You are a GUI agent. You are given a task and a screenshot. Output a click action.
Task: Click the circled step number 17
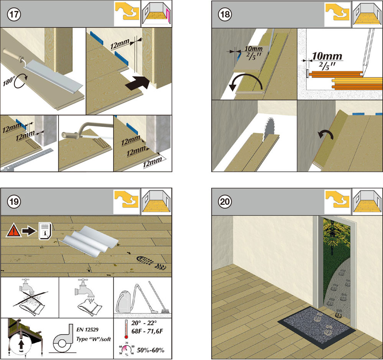click(14, 15)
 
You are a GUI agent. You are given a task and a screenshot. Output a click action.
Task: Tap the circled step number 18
click(225, 15)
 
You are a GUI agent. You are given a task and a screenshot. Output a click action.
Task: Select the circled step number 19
click(14, 202)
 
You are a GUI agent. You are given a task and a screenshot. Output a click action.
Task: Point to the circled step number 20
click(225, 202)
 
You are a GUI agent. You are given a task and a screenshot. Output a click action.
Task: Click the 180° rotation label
click(9, 81)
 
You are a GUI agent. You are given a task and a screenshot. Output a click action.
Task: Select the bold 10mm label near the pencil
click(327, 56)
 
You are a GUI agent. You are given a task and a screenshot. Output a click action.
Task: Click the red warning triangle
click(13, 231)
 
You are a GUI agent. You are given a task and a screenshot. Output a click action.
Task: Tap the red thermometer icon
click(126, 329)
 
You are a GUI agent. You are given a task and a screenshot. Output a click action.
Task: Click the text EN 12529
click(87, 330)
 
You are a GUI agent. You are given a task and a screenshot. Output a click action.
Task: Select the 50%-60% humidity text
click(150, 350)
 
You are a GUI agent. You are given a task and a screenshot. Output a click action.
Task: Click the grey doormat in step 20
click(316, 322)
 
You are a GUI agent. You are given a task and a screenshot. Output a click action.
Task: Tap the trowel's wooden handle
click(13, 55)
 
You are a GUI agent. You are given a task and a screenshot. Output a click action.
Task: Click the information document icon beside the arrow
click(45, 231)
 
